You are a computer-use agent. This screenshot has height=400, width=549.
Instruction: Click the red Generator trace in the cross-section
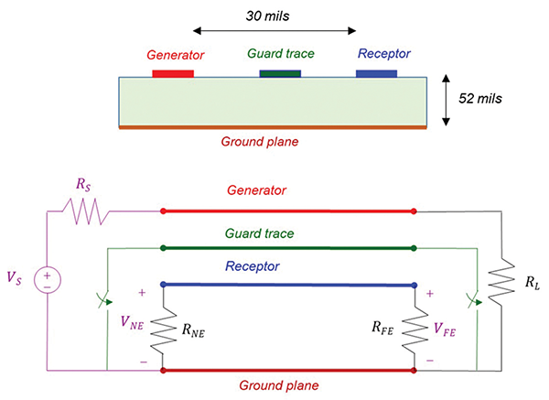173,72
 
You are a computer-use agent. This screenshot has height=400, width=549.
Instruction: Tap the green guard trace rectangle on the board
280,72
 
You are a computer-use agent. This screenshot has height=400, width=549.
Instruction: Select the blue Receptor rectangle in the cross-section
376,72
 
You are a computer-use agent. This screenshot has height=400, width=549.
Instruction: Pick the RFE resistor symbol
415,325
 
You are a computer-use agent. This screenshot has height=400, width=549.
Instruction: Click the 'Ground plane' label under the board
261,143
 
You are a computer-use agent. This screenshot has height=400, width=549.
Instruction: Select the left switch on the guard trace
108,299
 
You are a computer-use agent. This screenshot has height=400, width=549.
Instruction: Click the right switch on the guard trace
473,299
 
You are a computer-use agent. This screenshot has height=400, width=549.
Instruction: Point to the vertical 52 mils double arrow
445,101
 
